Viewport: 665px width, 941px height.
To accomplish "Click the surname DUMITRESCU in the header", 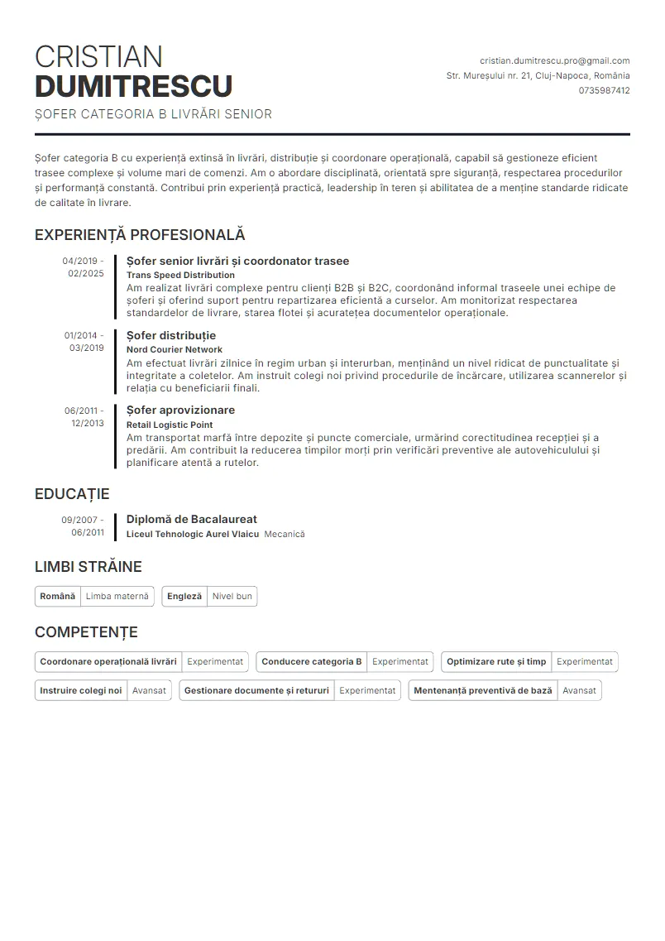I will click(x=133, y=86).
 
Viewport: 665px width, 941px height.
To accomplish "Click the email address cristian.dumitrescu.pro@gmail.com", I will click(x=554, y=60).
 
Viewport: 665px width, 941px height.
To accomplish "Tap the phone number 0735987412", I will click(x=604, y=90).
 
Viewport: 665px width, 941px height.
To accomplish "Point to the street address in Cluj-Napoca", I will click(x=538, y=75).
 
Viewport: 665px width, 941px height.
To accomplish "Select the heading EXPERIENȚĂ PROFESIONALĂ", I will click(x=140, y=235).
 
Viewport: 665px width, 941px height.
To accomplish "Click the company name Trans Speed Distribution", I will click(x=180, y=275).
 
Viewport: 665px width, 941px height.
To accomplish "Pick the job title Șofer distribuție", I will click(x=171, y=335).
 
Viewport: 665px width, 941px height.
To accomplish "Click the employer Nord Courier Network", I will click(x=175, y=349).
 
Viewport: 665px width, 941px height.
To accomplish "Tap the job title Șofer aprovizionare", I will click(x=180, y=410).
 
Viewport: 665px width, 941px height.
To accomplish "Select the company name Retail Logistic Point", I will click(x=170, y=425).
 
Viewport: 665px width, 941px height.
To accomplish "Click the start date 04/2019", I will click(x=79, y=261).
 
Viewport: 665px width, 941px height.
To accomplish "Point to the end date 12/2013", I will click(x=88, y=423).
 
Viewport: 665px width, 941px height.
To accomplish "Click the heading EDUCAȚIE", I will click(x=72, y=494).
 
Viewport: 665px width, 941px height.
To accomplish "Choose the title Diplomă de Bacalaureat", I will click(x=192, y=519).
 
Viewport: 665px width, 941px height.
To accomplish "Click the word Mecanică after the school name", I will click(x=285, y=534).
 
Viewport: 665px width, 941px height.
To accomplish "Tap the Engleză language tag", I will click(x=184, y=596).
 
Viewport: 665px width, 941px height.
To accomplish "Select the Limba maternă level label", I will click(x=117, y=596).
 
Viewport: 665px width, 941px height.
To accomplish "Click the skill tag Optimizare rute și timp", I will click(x=496, y=661).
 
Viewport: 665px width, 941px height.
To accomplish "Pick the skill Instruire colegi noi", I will click(x=81, y=690).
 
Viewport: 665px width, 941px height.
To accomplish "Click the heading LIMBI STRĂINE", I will click(x=89, y=567).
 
